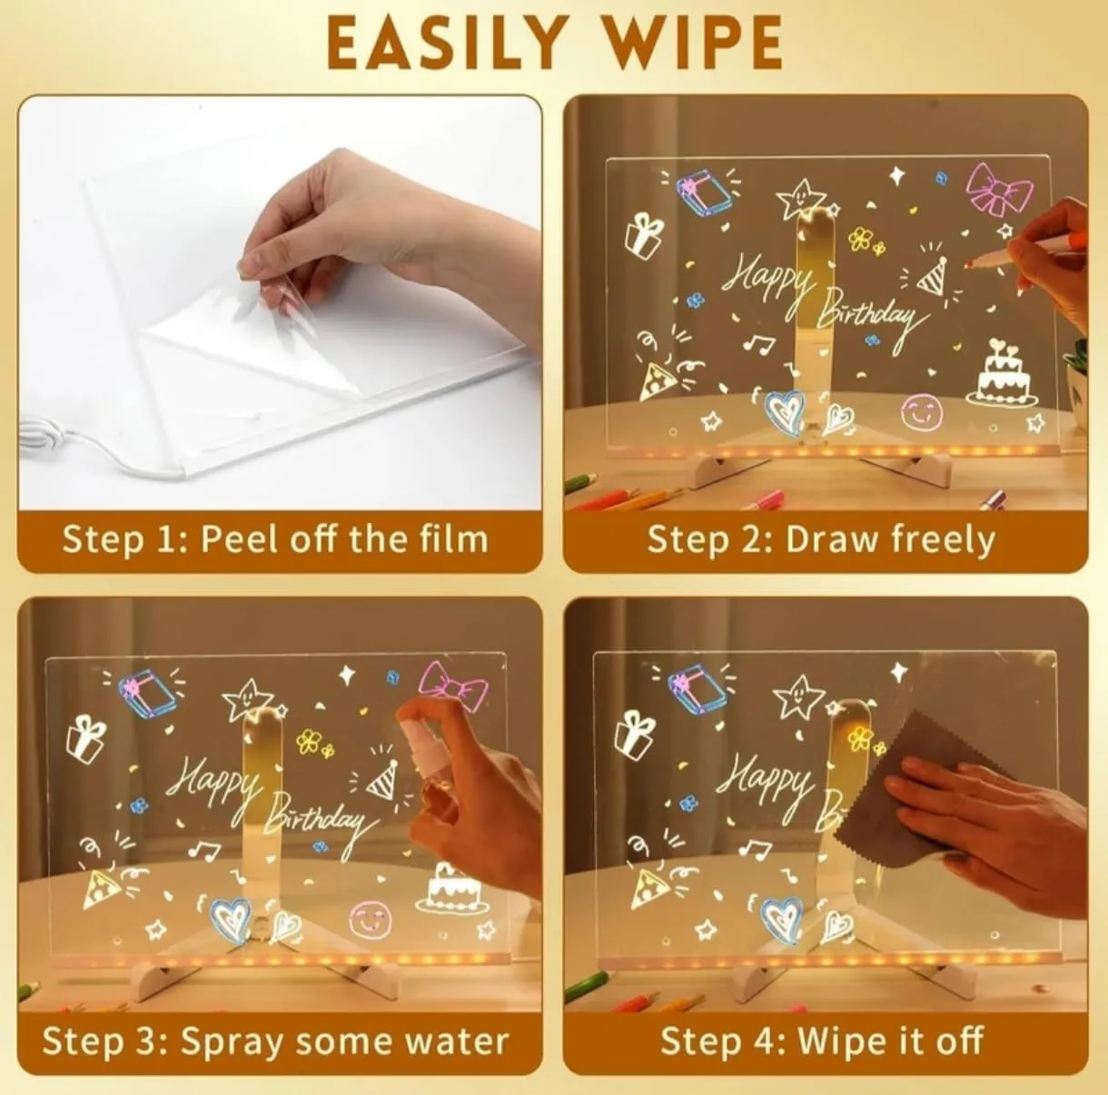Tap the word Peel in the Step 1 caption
click(241, 540)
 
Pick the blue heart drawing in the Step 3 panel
click(230, 916)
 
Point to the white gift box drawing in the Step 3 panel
click(86, 738)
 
